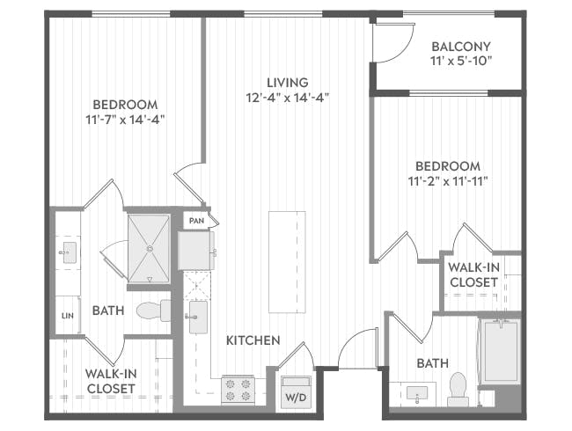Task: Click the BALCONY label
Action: pyautogui.click(x=461, y=47)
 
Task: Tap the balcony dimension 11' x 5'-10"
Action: pyautogui.click(x=461, y=62)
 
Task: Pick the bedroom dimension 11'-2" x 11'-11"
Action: pyautogui.click(x=447, y=180)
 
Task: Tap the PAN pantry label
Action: pyautogui.click(x=194, y=220)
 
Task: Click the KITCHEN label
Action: pyautogui.click(x=253, y=340)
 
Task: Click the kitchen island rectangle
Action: pyautogui.click(x=287, y=261)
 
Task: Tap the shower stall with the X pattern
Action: pyautogui.click(x=148, y=249)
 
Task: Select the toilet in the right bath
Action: pyautogui.click(x=458, y=390)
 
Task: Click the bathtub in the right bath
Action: pyautogui.click(x=500, y=353)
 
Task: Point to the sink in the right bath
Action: pyautogui.click(x=416, y=392)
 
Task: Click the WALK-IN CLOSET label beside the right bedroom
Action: pyautogui.click(x=473, y=274)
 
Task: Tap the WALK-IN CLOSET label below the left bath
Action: pyautogui.click(x=110, y=380)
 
